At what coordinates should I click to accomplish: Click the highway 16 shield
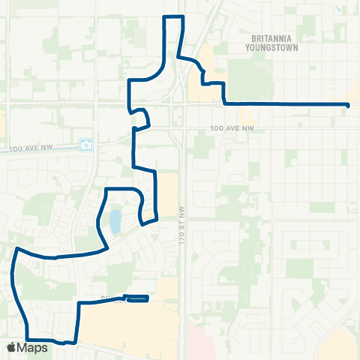click(87, 142)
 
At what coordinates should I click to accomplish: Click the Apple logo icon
click(11, 347)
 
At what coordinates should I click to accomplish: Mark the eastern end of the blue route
click(349, 104)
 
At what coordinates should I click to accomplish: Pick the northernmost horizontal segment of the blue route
click(174, 16)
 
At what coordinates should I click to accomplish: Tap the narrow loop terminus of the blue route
click(138, 299)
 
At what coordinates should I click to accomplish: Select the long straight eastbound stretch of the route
click(285, 103)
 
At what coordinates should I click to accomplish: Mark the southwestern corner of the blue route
click(27, 339)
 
